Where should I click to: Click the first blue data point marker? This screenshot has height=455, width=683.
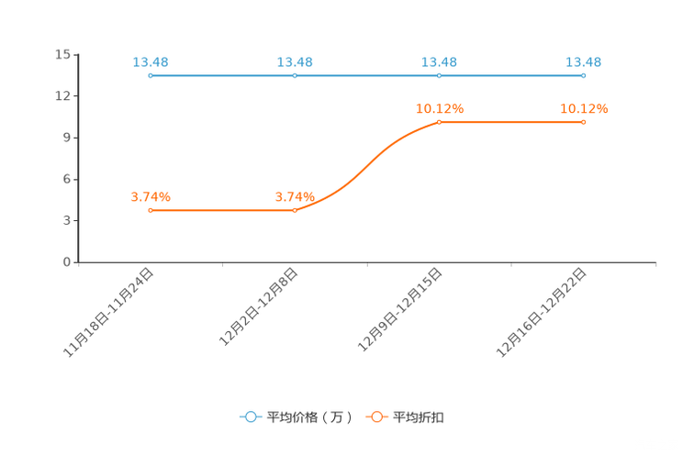pyautogui.click(x=150, y=75)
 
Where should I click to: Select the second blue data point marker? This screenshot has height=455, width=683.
pyautogui.click(x=295, y=75)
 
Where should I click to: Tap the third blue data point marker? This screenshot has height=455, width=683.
pyautogui.click(x=439, y=75)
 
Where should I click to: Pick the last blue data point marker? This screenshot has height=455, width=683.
pyautogui.click(x=584, y=75)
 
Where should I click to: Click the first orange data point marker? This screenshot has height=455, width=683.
pyautogui.click(x=150, y=210)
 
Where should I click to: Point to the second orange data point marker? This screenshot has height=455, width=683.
pyautogui.click(x=295, y=210)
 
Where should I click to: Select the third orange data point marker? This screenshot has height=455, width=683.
pyautogui.click(x=439, y=122)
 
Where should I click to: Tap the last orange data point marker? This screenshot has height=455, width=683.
pyautogui.click(x=584, y=122)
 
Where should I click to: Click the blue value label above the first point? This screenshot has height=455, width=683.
pyautogui.click(x=150, y=61)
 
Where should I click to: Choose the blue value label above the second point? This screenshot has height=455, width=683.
pyautogui.click(x=295, y=61)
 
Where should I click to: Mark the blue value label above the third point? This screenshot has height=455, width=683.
pyautogui.click(x=439, y=61)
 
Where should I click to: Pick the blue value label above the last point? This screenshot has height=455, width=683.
pyautogui.click(x=584, y=61)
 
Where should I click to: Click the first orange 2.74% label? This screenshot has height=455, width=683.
pyautogui.click(x=150, y=196)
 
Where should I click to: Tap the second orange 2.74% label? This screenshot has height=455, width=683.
pyautogui.click(x=295, y=196)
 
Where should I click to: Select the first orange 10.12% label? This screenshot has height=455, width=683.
pyautogui.click(x=439, y=108)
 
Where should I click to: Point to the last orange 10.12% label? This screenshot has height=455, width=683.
pyautogui.click(x=584, y=108)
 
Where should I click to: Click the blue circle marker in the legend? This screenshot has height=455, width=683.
pyautogui.click(x=250, y=417)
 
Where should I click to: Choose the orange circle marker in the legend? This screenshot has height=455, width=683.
pyautogui.click(x=376, y=417)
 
